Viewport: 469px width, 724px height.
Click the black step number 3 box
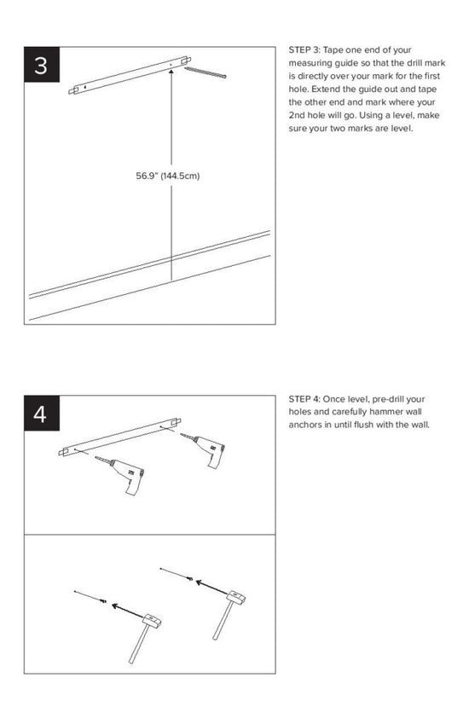click(x=42, y=64)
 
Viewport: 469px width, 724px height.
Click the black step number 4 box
click(x=42, y=413)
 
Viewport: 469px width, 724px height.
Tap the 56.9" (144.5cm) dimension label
click(x=168, y=176)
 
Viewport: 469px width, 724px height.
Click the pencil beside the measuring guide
click(x=206, y=72)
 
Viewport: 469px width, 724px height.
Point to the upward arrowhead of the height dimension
click(x=171, y=72)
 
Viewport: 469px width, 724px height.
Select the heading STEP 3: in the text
click(x=304, y=49)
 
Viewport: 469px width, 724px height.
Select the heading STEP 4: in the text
click(x=304, y=399)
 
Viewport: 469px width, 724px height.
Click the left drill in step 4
click(x=121, y=474)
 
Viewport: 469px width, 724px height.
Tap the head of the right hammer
click(x=236, y=597)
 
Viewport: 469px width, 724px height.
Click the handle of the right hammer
click(x=223, y=620)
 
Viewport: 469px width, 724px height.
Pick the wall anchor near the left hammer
click(x=103, y=600)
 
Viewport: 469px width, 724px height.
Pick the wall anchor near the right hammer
click(x=189, y=577)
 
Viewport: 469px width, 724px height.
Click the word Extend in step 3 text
click(x=326, y=90)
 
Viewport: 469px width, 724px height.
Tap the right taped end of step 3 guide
click(x=187, y=61)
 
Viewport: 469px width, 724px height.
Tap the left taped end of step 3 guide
click(x=73, y=90)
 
